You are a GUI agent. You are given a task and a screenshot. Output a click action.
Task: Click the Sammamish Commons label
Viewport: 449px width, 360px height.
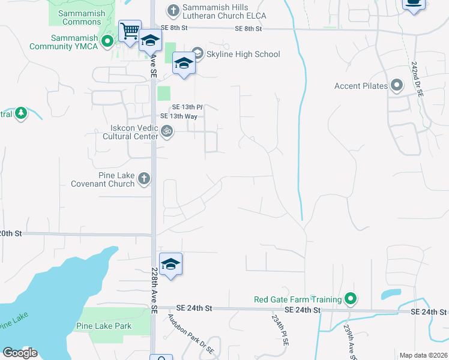pos(82,17)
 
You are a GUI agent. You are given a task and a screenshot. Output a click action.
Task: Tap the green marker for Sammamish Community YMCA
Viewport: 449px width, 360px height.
pos(107,41)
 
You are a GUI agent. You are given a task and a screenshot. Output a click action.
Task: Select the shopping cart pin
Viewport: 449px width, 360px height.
pos(130,31)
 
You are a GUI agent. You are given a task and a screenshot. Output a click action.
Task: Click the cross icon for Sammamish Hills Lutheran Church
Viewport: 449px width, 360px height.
pos(173,10)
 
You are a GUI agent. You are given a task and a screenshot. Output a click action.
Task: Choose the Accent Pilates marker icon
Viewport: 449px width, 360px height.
pos(396,86)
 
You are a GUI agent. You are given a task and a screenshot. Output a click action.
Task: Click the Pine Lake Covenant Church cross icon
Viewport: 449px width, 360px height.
pos(143,178)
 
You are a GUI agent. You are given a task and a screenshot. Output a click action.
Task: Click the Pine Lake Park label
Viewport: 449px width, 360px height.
pos(104,326)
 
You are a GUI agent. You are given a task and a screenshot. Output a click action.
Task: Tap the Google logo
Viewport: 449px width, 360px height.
pos(20,352)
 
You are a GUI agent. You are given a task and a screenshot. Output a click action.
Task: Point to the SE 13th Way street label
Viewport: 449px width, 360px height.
pos(179,116)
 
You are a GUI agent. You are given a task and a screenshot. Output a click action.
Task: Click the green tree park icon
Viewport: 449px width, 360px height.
pos(21,113)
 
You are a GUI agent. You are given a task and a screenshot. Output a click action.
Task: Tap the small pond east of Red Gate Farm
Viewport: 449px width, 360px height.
pos(391,295)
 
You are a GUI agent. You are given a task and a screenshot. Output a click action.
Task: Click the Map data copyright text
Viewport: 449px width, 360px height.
pos(423,355)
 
